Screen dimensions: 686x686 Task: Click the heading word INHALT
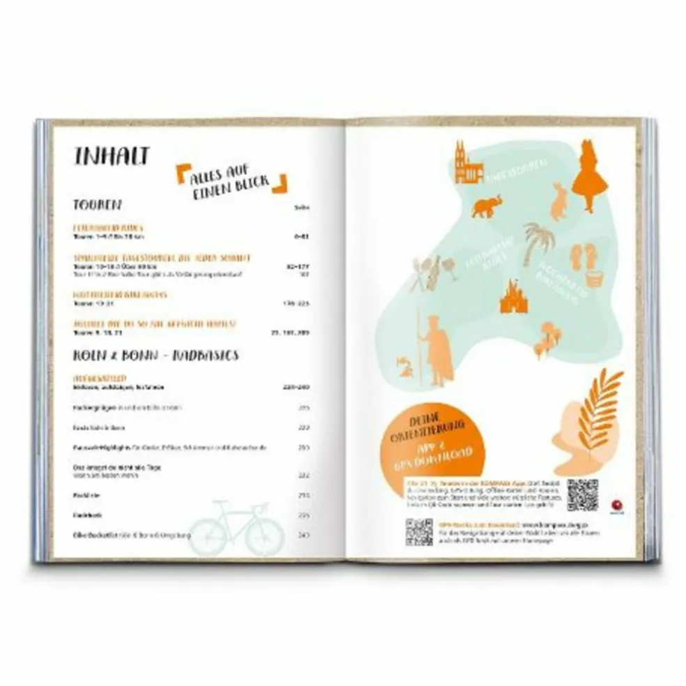112,156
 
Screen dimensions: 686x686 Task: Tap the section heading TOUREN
98,205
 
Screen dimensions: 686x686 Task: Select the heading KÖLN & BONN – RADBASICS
156,355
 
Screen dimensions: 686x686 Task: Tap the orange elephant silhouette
487,206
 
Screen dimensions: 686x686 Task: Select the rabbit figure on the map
558,201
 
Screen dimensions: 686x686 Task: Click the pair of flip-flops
584,256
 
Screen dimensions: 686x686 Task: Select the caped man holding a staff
438,352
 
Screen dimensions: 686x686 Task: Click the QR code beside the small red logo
582,494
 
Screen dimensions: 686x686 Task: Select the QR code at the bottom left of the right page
419,532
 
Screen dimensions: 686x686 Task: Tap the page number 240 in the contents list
303,535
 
